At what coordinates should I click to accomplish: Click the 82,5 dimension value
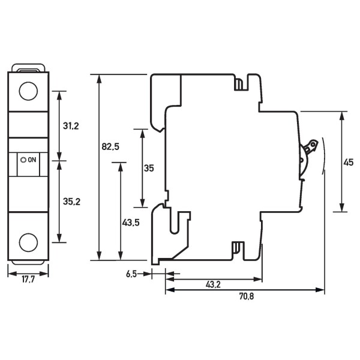110,146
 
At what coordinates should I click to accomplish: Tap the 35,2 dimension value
71,202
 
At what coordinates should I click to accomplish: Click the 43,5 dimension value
131,222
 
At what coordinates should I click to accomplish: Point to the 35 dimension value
149,169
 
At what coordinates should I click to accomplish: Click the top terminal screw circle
28,91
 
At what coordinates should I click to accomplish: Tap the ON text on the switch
32,160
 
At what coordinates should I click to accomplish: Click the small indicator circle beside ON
23,160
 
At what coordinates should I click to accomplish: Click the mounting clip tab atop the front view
28,70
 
